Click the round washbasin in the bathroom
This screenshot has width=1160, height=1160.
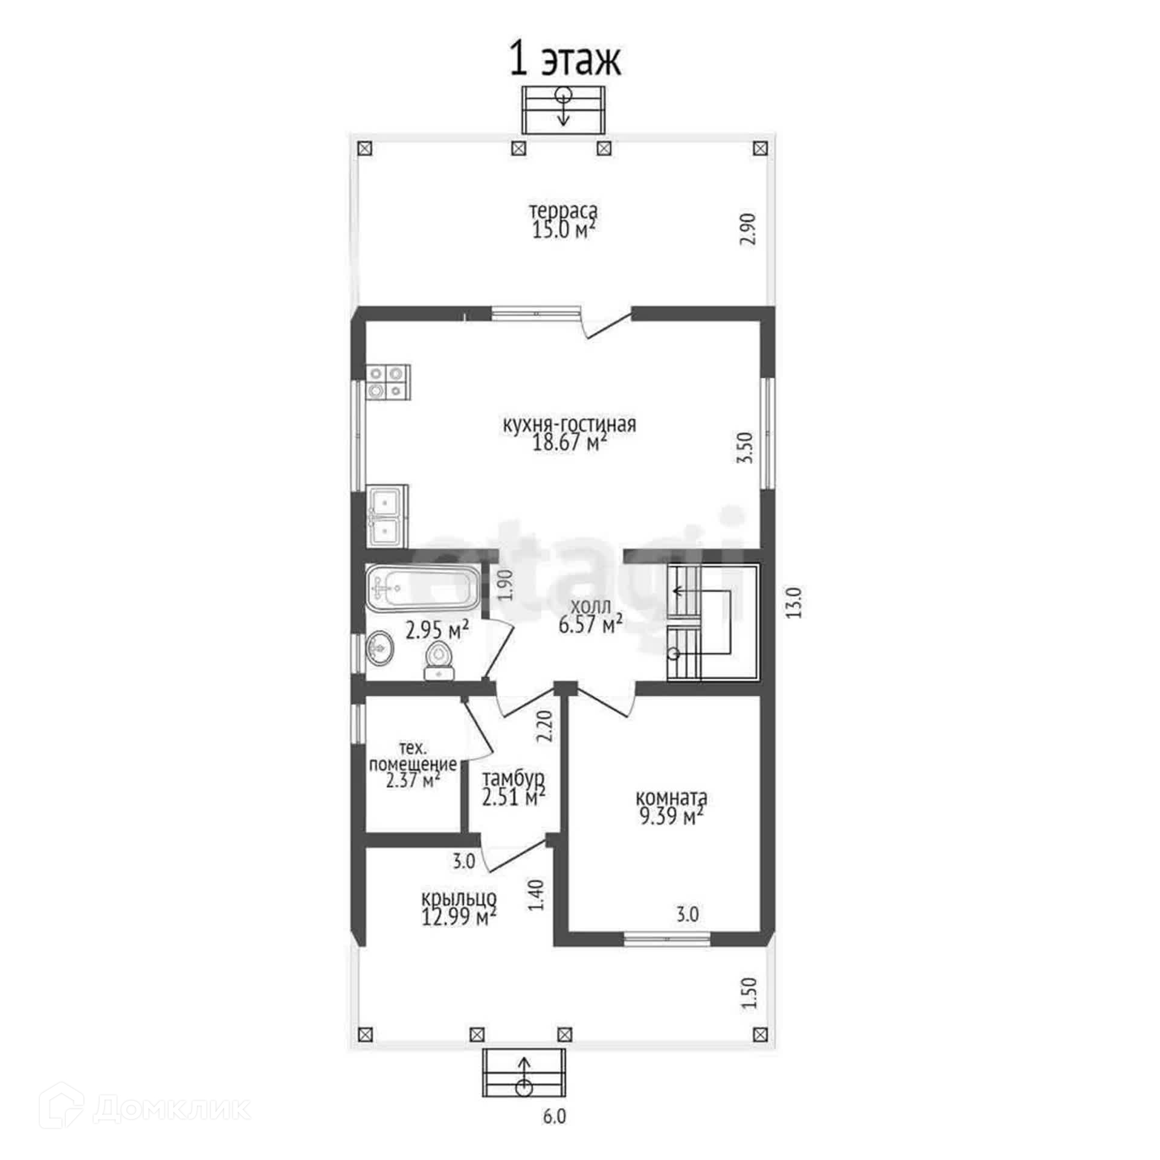[x=379, y=648]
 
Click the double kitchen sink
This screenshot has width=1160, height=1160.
[x=387, y=517]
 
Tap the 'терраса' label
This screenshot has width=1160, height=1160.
[x=564, y=211]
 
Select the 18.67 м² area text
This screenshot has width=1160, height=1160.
[x=569, y=443]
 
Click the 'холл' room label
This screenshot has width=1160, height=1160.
[x=591, y=606]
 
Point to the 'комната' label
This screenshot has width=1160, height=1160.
[x=671, y=798]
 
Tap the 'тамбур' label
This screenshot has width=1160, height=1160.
[x=514, y=778]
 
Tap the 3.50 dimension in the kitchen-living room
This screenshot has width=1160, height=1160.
[x=746, y=448]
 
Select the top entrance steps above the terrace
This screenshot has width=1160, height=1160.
[x=563, y=109]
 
